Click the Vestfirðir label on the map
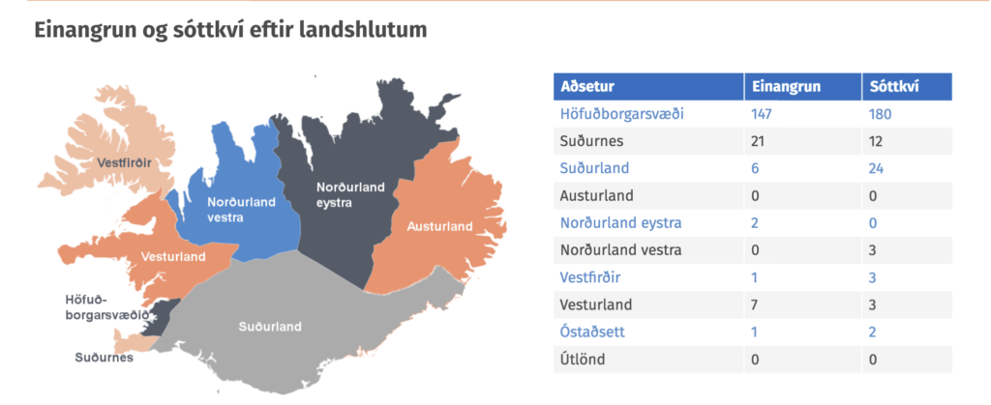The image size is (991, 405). tap(125, 163)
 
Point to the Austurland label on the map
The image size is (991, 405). tap(440, 226)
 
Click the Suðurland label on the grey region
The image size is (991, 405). tap(270, 327)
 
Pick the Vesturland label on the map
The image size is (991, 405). tap(173, 257)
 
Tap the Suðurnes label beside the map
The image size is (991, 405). tap(105, 358)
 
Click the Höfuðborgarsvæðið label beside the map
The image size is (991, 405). tap(107, 307)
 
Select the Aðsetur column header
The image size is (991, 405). tap(587, 87)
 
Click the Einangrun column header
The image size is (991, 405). tap(786, 87)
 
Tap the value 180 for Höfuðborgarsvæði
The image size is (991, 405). tap(881, 114)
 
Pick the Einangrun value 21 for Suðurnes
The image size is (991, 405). tap(758, 141)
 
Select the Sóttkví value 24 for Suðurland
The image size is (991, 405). tap(877, 168)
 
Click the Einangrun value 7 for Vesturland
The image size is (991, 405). tap(755, 304)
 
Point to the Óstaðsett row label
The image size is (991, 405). tap(592, 332)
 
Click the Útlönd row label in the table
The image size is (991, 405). tap(583, 360)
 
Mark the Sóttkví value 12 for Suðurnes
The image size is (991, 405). tap(877, 141)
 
